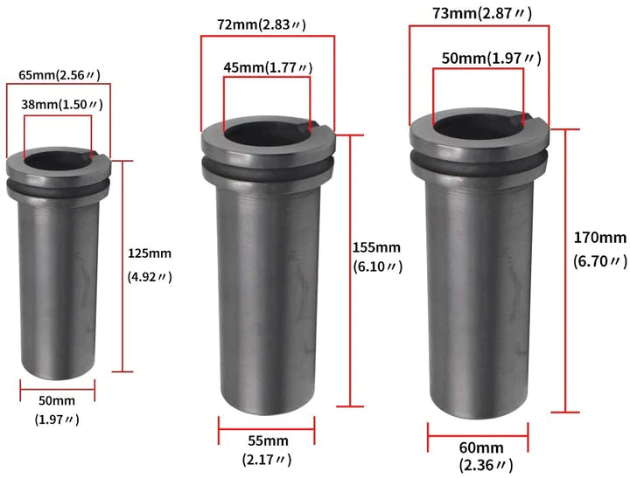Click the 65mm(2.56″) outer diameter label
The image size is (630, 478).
click(59, 75)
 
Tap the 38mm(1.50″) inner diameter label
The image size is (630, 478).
click(62, 105)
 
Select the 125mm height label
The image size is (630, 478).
click(150, 253)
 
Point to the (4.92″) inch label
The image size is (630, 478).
click(150, 276)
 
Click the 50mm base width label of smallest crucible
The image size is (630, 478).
click(57, 400)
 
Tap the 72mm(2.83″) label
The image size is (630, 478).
click(262, 24)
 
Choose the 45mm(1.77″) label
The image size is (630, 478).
click(268, 67)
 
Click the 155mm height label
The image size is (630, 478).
click(376, 247)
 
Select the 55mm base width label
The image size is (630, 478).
click(268, 440)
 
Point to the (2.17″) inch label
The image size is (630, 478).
click(267, 459)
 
